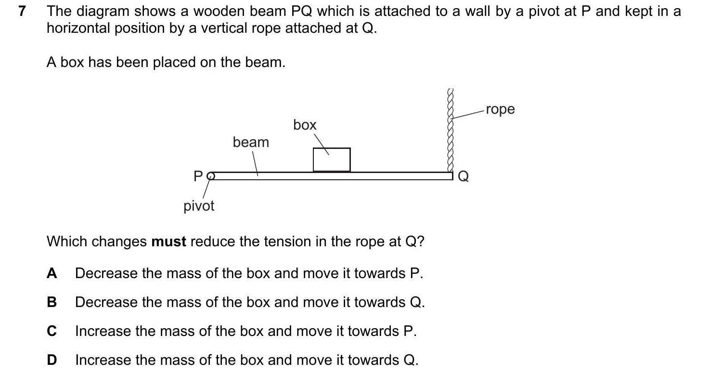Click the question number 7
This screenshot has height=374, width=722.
click(21, 12)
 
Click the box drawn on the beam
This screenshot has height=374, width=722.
click(331, 160)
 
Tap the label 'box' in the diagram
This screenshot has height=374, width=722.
click(305, 125)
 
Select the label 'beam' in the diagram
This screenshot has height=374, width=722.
click(251, 143)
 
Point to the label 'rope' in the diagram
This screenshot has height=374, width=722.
click(500, 109)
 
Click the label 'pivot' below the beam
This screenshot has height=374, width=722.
click(199, 206)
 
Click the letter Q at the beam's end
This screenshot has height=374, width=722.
click(463, 177)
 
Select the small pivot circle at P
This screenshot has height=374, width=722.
click(210, 176)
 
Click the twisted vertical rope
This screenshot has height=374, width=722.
click(451, 130)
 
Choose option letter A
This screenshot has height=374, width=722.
click(52, 273)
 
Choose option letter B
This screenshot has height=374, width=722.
click(52, 302)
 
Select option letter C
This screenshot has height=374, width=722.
click(52, 331)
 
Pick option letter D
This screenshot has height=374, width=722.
click(52, 360)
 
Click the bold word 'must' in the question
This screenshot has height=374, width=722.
click(168, 241)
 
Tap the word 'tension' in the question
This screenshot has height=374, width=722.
click(275, 241)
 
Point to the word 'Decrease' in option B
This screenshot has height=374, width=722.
click(106, 302)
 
